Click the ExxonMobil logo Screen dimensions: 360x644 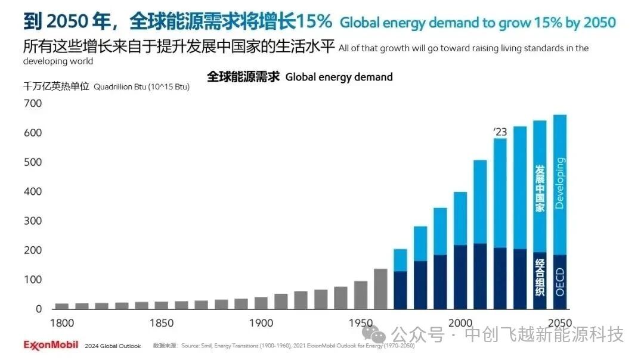pyautogui.click(x=52, y=345)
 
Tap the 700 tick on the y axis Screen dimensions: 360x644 pyautogui.click(x=33, y=104)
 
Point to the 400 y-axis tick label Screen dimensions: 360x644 pyautogui.click(x=33, y=192)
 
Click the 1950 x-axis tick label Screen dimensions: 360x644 pyautogui.click(x=361, y=323)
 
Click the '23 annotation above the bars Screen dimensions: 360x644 pyautogui.click(x=500, y=132)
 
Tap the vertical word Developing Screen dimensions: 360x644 pyautogui.click(x=559, y=182)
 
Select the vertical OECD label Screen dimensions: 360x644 pyautogui.click(x=559, y=282)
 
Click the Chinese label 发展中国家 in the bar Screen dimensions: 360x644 pyautogui.click(x=540, y=188)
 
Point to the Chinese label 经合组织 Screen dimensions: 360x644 pyautogui.click(x=540, y=278)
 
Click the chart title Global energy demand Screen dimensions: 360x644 pyautogui.click(x=339, y=77)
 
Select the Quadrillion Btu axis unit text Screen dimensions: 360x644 pyautogui.click(x=142, y=87)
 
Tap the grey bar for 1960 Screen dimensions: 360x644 pyautogui.click(x=380, y=289)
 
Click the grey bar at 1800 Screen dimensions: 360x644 pyautogui.click(x=61, y=306)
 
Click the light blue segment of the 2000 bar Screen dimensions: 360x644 pyautogui.click(x=460, y=218)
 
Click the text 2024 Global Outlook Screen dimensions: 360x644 pyautogui.click(x=113, y=346)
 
